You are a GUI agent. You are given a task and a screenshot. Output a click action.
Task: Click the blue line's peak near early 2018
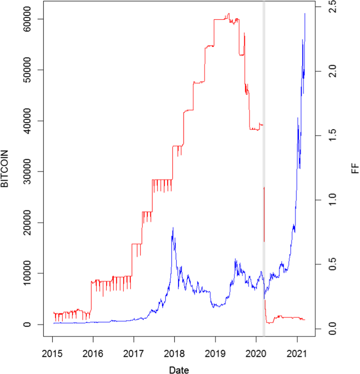(x=173, y=228)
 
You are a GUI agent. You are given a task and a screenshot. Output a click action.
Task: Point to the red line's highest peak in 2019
(x=229, y=14)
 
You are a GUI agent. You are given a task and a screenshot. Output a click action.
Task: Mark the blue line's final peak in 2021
(x=305, y=14)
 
